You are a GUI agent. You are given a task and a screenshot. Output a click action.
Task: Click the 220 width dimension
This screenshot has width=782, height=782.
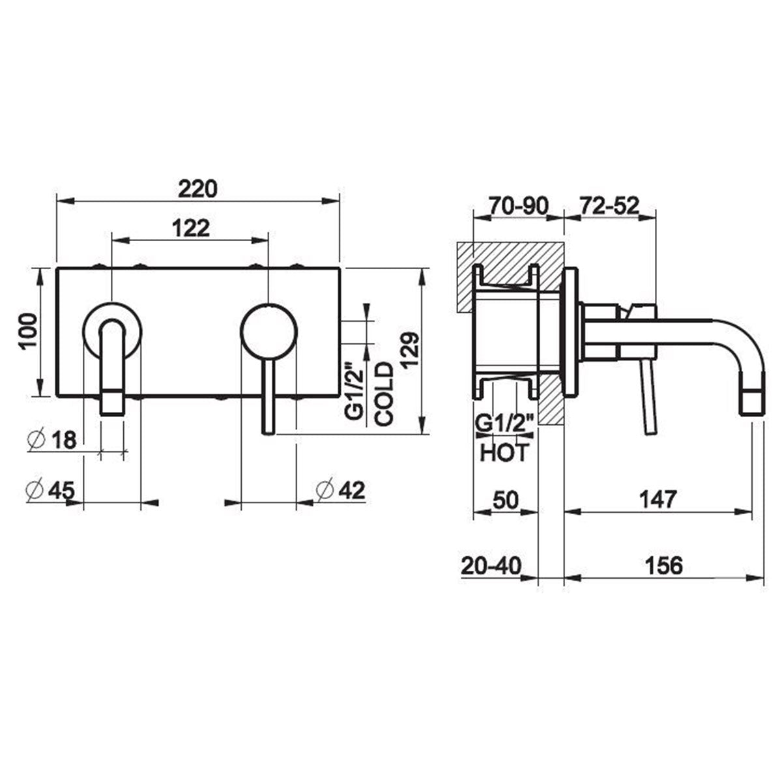click(197, 189)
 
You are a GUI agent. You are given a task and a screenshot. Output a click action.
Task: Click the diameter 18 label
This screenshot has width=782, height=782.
click(53, 440)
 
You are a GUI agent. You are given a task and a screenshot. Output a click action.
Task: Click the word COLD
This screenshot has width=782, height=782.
click(384, 394)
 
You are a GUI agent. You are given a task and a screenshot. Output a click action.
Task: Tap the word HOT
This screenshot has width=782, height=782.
click(504, 452)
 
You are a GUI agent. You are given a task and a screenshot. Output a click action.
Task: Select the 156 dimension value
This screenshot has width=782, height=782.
click(662, 565)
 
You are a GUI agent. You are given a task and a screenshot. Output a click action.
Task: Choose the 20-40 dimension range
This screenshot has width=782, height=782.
click(491, 565)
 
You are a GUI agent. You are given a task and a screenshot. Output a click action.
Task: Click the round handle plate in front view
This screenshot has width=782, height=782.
click(268, 330)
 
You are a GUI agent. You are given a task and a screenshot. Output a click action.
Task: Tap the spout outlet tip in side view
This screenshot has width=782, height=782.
click(752, 401)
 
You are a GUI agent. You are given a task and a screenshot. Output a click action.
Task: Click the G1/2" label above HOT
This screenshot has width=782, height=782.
click(505, 425)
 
